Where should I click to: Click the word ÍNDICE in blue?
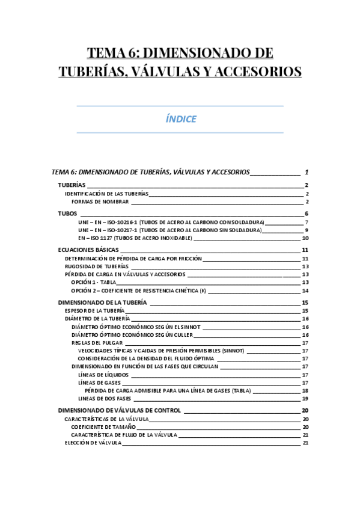pos(180,119)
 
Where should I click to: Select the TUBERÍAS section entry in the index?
pos(72,185)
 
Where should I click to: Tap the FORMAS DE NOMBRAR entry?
pos(104,202)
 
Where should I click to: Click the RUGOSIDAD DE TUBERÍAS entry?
pos(97,266)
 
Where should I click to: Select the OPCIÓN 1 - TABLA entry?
pos(93,282)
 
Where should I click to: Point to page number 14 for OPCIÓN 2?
pos(305,290)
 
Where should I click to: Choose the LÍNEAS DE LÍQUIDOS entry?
pos(103,375)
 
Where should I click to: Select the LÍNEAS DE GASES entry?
pos(99,382)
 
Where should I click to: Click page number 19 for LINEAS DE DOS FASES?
pos(305,399)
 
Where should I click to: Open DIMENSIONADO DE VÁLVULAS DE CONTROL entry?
pos(119,411)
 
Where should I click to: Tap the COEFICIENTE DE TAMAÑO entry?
pos(103,427)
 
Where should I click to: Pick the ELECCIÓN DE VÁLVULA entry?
pos(93,443)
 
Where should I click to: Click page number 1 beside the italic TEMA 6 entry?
pos(307,172)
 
